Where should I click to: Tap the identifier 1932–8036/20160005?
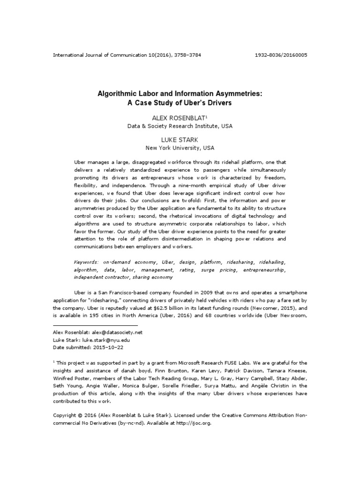[281, 55]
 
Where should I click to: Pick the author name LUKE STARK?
[180, 139]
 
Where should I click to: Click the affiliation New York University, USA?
[180, 148]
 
